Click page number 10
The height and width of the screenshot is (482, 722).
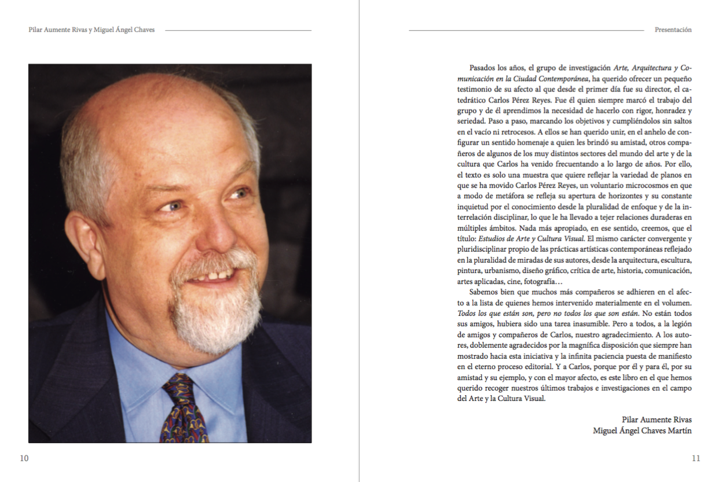[x=24, y=458]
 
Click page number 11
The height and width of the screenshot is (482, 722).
[x=696, y=458]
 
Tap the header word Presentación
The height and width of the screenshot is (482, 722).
[x=673, y=30]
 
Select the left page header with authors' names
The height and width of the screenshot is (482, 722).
[x=91, y=30]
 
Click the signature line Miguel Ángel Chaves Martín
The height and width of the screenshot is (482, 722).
[x=642, y=431]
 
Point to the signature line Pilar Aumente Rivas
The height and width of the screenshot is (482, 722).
[x=657, y=420]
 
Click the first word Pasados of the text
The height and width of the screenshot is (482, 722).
[x=482, y=68]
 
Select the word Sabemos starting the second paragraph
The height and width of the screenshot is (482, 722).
[x=483, y=292]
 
